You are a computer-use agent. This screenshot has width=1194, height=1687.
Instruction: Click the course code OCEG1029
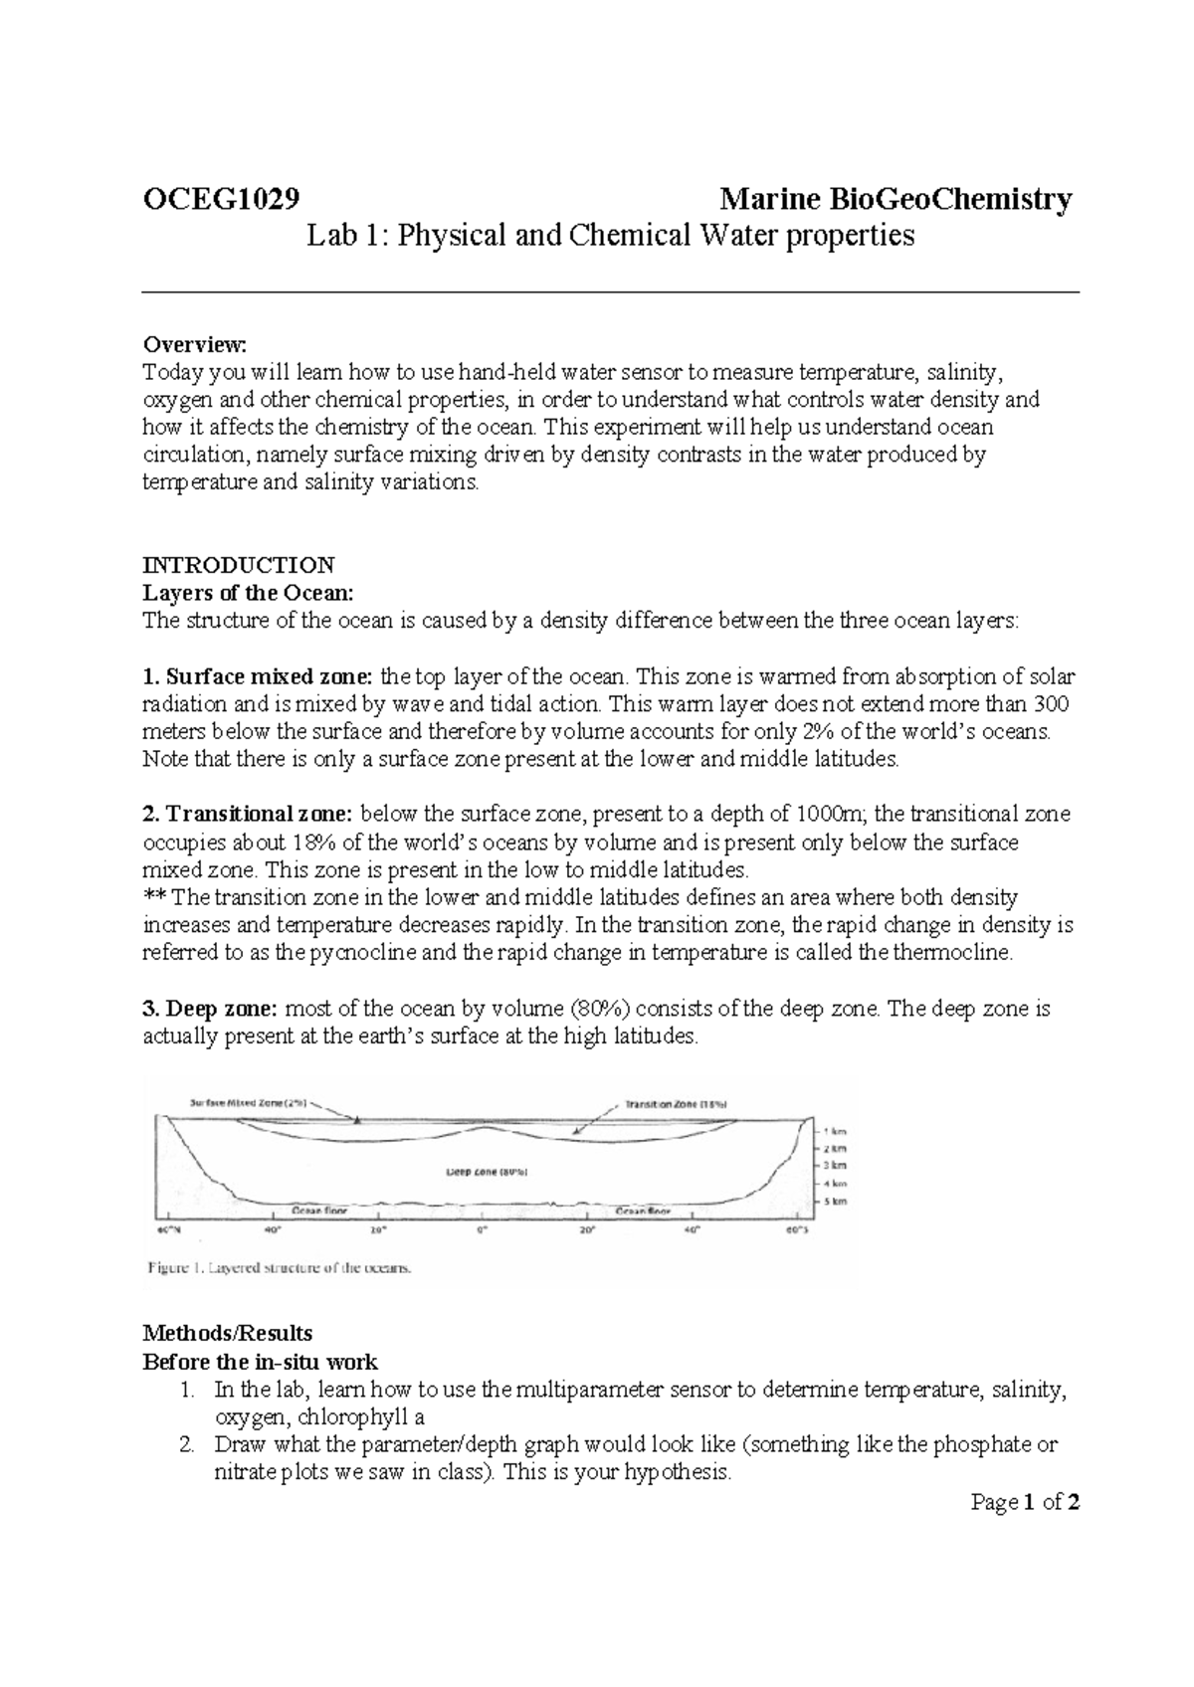(221, 200)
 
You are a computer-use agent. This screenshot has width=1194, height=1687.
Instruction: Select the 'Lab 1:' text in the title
(344, 236)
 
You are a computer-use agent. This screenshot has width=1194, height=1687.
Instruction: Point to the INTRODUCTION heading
(239, 565)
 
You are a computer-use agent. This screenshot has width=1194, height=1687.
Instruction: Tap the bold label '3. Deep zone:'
(211, 1009)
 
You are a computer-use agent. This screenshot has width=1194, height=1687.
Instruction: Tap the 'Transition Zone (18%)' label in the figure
(677, 1103)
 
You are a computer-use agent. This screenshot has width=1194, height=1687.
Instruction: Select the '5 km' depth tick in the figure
(834, 1202)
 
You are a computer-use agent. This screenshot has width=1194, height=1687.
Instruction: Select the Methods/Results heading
(228, 1333)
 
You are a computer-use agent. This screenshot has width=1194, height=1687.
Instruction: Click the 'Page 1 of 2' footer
(1025, 1502)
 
